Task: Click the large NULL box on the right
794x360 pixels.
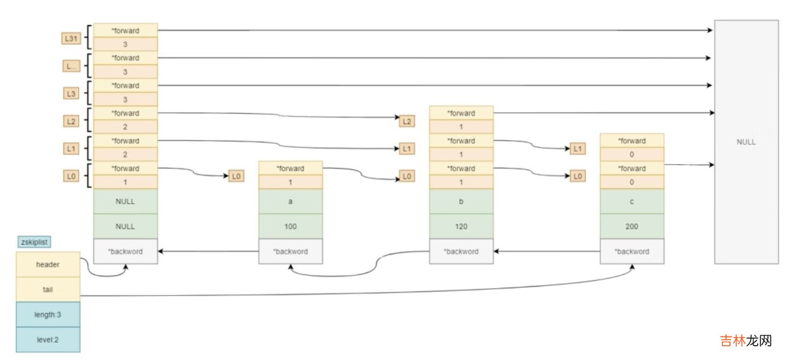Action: (x=746, y=142)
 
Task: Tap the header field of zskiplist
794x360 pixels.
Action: (x=48, y=264)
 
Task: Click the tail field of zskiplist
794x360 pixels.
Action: (x=48, y=289)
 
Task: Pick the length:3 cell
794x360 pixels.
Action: (x=48, y=315)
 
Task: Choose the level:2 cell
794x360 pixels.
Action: (x=48, y=340)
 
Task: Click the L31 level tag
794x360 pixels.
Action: (x=71, y=38)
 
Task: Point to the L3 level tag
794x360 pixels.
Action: (x=71, y=94)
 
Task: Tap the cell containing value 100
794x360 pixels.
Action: (x=290, y=227)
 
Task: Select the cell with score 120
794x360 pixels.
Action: (x=461, y=227)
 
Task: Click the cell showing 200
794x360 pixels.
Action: (x=632, y=227)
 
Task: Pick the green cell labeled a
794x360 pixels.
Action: (x=290, y=201)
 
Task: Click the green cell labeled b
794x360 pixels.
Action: (x=461, y=201)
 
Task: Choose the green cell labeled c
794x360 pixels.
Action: (x=632, y=201)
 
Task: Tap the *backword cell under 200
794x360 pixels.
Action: (x=632, y=252)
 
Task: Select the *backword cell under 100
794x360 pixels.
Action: (x=290, y=252)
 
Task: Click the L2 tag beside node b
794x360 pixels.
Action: (x=406, y=121)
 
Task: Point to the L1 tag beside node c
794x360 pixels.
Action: (x=577, y=149)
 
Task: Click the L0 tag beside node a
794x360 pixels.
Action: (x=236, y=176)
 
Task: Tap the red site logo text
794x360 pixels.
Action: (x=745, y=341)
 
